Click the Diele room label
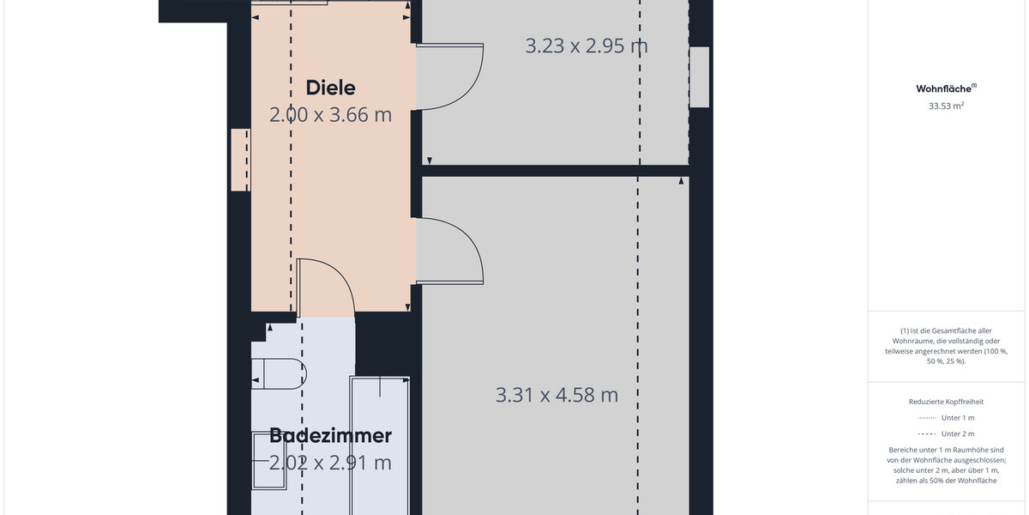(x=330, y=88)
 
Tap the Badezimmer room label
(x=330, y=436)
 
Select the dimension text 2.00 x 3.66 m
(x=330, y=114)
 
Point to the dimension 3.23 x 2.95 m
(x=586, y=45)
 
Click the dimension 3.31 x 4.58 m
(x=557, y=395)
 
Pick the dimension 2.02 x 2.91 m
(x=330, y=463)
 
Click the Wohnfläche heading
(x=944, y=88)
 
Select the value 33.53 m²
(x=947, y=106)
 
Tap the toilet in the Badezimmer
(x=280, y=373)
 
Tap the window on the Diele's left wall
(x=240, y=160)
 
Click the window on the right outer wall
(x=700, y=77)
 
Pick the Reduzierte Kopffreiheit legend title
(x=946, y=402)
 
